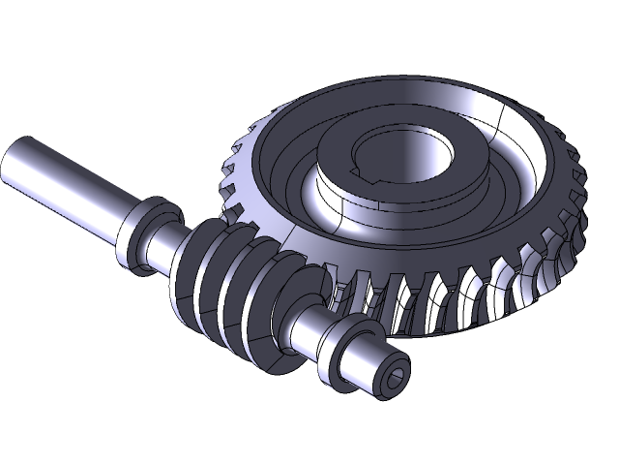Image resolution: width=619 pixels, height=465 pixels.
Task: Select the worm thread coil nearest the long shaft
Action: point(198,262)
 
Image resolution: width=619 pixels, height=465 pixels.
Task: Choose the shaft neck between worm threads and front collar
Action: point(309,329)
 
